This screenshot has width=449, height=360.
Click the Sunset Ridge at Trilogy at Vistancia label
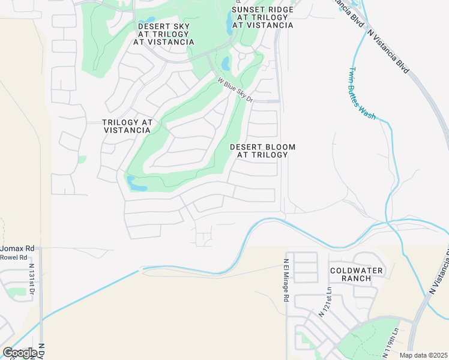262,17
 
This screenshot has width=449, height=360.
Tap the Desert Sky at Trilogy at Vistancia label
166,34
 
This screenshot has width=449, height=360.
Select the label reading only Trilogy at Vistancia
127,126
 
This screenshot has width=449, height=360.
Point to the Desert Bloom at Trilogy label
263,151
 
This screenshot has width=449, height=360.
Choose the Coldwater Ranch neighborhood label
357,274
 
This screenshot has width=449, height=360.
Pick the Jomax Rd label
17,248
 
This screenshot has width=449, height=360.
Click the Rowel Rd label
14,257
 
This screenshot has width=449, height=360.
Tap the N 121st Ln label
327,302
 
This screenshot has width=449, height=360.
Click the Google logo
20,353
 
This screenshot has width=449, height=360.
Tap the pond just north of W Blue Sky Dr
225,63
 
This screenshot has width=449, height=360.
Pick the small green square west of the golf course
82,160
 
